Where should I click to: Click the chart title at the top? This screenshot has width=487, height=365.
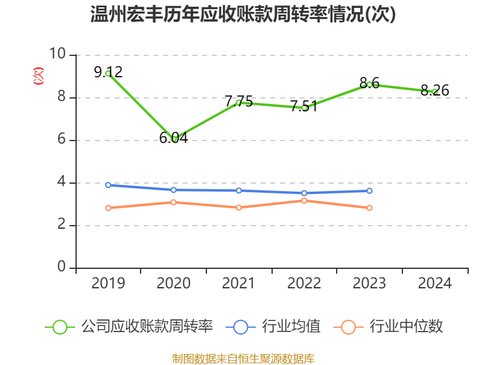[x=243, y=15]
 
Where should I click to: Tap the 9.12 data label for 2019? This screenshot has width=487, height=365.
[x=108, y=72]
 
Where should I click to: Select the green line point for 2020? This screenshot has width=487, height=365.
[x=173, y=139]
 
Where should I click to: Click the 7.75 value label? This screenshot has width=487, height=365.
[x=239, y=102]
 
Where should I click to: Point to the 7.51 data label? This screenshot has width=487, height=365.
[x=304, y=106]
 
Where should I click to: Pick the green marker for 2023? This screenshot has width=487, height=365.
[x=369, y=85]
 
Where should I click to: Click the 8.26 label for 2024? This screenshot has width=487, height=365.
[x=435, y=91]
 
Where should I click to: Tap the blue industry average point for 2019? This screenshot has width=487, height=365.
[x=108, y=185]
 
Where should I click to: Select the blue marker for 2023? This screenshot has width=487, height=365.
[x=369, y=191]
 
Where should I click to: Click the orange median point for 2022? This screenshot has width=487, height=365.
[x=304, y=200]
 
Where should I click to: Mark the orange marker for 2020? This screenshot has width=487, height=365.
[x=173, y=202]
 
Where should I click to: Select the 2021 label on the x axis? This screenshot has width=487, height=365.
[x=239, y=283]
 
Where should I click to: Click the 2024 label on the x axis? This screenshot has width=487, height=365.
[x=435, y=283]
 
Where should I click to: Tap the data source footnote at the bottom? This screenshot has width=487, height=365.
[x=243, y=358]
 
